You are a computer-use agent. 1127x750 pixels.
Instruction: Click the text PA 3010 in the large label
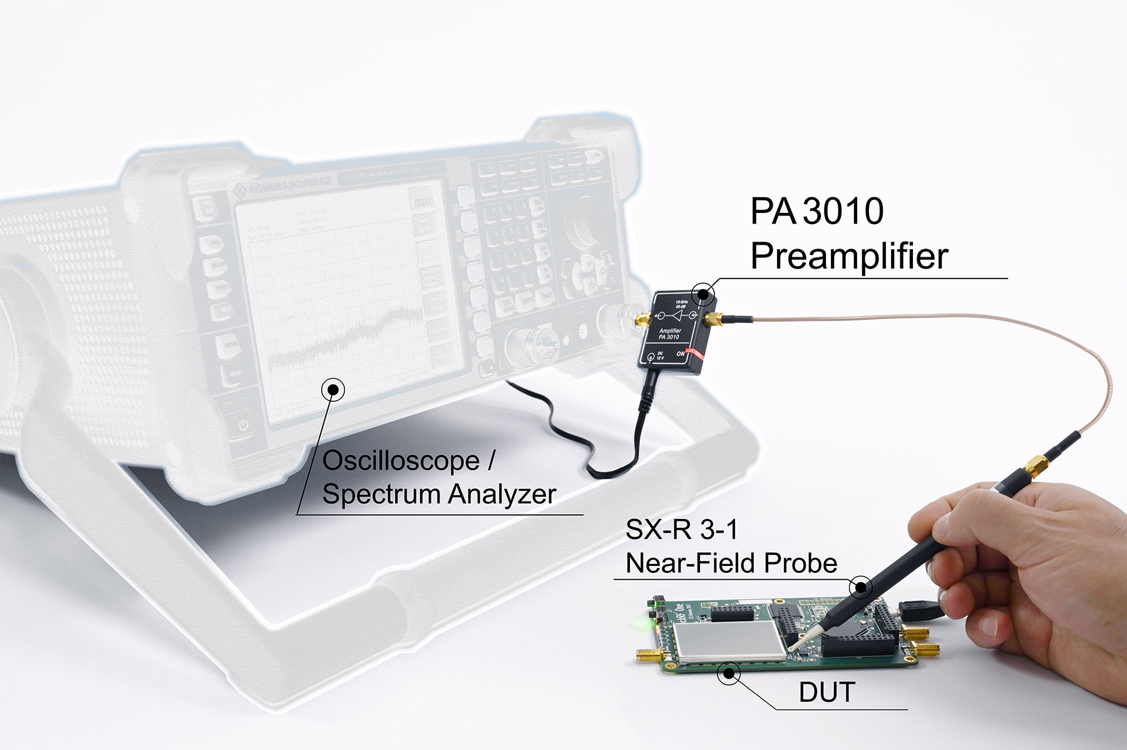tap(816, 211)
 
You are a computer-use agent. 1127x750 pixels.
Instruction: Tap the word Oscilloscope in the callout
tap(401, 461)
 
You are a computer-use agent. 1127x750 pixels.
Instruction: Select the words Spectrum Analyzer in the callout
tap(438, 494)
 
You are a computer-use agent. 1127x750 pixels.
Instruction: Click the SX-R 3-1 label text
tap(681, 530)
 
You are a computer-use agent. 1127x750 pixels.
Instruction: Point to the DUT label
tap(826, 692)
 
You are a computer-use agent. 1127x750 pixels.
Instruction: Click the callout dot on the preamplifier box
tap(703, 293)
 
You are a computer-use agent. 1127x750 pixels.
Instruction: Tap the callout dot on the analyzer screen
tap(332, 389)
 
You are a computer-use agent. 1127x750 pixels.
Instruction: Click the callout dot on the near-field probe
tap(860, 587)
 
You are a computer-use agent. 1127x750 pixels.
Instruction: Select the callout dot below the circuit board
tap(728, 674)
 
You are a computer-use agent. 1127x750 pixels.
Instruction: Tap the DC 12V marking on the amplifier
tap(659, 356)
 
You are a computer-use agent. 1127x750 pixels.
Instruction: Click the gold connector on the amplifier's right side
tap(714, 321)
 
